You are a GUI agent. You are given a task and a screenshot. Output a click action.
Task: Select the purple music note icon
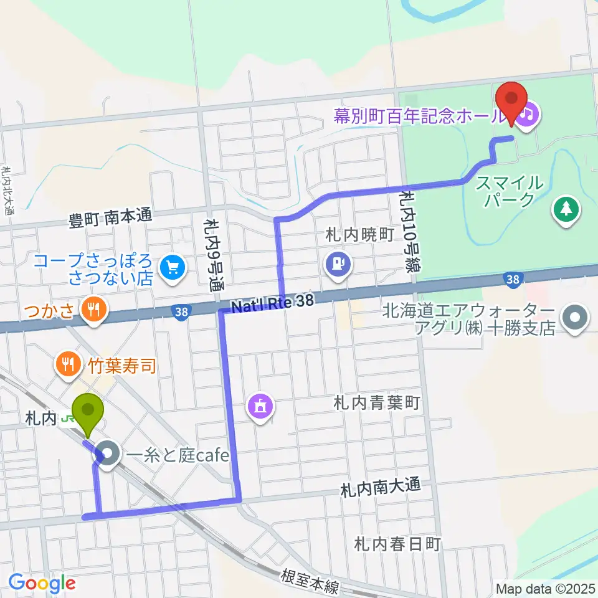528,114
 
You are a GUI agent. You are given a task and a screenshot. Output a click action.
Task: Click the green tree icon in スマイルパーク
566,209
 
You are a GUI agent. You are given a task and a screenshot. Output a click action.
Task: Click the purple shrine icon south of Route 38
260,407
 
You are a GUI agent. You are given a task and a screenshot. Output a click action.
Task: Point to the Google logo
41,583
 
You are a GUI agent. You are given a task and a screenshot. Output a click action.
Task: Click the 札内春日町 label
397,544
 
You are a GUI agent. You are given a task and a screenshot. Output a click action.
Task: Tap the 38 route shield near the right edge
513,281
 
